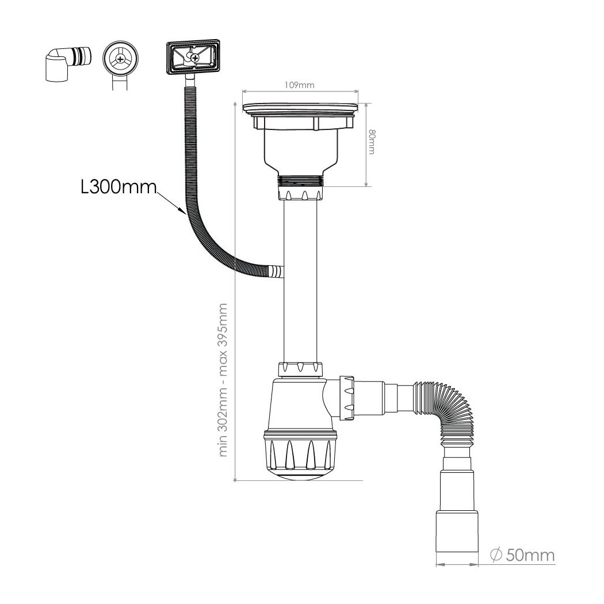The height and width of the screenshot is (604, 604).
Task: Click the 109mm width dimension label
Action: [300, 85]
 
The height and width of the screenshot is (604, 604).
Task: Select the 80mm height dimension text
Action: [372, 142]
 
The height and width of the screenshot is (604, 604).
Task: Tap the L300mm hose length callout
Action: [119, 187]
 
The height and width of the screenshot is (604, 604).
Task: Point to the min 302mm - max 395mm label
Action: [223, 380]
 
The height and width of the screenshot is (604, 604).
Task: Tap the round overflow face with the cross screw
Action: [121, 59]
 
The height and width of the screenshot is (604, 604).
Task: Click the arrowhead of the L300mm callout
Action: [183, 211]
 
